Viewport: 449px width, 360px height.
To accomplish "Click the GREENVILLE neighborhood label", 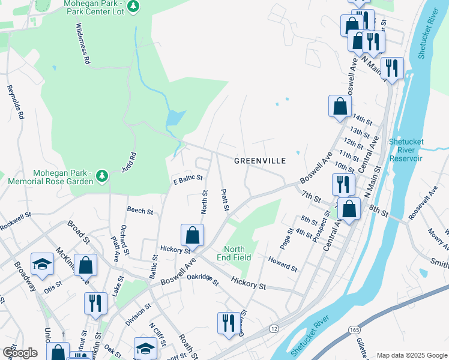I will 259,161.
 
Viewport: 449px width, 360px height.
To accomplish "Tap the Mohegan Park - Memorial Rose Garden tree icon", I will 103,175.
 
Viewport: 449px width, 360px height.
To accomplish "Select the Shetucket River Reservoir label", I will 406,150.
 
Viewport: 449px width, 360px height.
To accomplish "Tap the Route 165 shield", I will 357,329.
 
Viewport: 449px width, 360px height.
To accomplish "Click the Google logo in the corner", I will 20,352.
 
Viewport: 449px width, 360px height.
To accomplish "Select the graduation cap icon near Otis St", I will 42,265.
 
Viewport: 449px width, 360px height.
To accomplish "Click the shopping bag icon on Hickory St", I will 192,233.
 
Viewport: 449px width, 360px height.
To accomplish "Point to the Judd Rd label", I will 129,161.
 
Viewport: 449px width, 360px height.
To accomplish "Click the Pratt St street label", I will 225,200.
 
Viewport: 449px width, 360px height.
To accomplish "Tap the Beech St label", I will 140,211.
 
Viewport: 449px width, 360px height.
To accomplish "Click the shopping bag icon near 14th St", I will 340,106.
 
